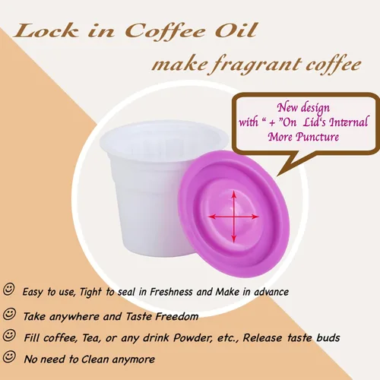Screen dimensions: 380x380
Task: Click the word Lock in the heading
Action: (46, 31)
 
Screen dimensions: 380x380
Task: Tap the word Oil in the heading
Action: (236, 30)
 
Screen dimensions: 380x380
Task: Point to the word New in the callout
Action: (287, 107)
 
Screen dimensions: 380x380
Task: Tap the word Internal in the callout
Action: (348, 122)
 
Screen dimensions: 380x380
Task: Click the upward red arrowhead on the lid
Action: (234, 195)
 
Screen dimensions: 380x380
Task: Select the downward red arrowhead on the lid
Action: (234, 238)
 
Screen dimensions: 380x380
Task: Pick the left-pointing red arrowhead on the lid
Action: (212, 217)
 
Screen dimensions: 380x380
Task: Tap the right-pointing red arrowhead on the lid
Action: (255, 217)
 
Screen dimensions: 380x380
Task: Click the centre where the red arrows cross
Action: (234, 217)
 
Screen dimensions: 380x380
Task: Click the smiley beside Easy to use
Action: (9, 289)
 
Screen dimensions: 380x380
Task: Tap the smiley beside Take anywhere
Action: (9, 314)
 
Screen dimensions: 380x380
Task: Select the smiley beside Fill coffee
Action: (9, 335)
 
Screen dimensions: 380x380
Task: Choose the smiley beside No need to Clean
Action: (9, 356)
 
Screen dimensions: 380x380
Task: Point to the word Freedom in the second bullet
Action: (177, 316)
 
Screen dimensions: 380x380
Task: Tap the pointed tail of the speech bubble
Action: (279, 174)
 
